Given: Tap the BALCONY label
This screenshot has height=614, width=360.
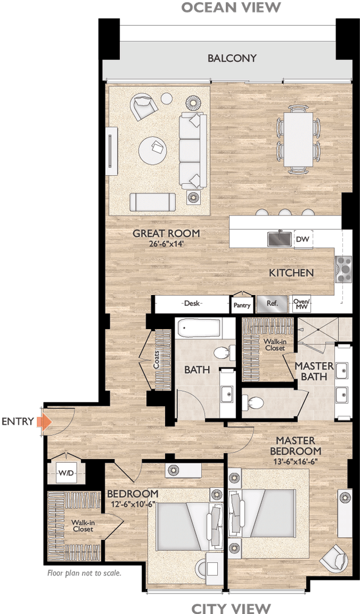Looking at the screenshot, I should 231,58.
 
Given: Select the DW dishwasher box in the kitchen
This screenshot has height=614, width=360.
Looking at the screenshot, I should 302,239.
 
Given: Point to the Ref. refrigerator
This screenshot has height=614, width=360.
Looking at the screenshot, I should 272,304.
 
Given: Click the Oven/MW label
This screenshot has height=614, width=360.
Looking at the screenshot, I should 301,305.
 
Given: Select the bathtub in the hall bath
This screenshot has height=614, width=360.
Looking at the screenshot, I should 198,329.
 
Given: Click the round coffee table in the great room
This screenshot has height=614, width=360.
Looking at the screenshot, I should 154,150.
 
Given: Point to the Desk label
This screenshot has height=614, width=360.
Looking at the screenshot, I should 191,304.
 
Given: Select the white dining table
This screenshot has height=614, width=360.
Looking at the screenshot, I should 299,138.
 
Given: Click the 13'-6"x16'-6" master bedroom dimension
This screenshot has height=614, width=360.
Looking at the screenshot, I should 295,461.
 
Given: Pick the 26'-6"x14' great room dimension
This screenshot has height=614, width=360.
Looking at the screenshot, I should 166,245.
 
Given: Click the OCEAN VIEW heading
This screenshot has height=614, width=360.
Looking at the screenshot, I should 231,7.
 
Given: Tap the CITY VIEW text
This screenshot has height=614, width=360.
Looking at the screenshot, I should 231,608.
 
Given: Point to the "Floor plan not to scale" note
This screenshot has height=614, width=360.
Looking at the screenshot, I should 84,573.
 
